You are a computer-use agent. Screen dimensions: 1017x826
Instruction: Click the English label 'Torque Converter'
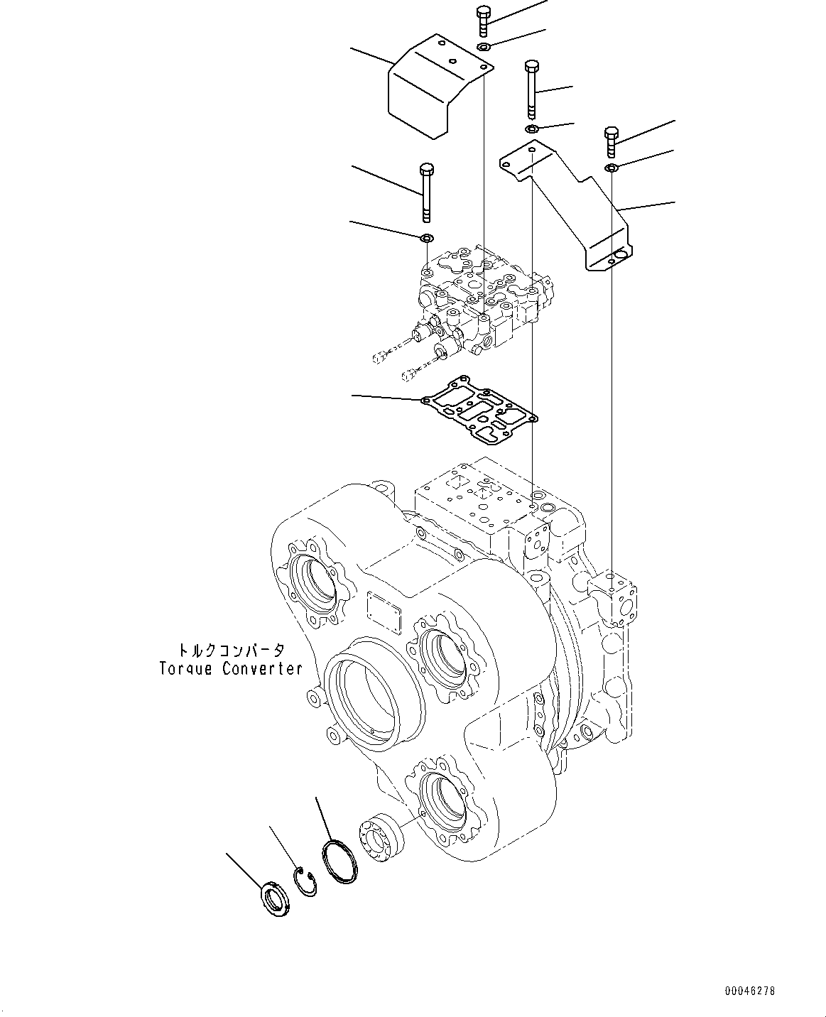[231, 668]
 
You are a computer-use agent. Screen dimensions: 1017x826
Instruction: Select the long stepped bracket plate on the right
[568, 206]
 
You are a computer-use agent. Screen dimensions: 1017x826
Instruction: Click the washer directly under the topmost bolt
[484, 47]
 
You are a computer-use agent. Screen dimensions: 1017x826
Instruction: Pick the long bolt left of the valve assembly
[426, 192]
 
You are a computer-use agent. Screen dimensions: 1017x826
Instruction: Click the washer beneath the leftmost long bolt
[427, 236]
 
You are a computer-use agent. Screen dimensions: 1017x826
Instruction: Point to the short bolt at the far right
[610, 141]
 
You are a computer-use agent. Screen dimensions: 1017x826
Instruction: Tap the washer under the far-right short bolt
[611, 168]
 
